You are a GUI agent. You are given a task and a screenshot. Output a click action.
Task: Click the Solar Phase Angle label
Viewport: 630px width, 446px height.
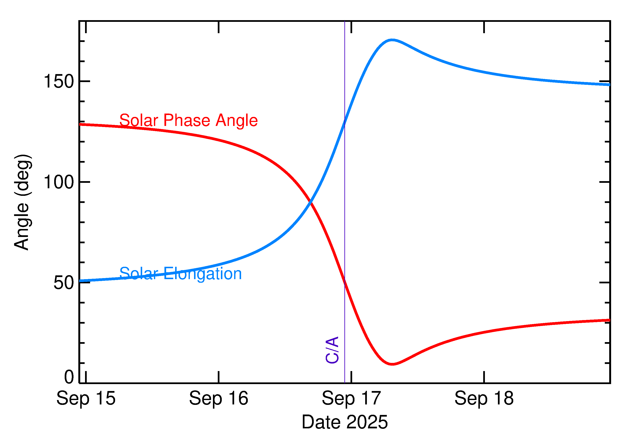coord(189,120)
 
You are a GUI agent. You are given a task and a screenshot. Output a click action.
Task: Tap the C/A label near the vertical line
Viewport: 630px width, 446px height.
coord(332,350)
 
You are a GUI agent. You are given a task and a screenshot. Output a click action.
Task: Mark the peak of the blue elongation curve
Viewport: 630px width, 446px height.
coord(392,40)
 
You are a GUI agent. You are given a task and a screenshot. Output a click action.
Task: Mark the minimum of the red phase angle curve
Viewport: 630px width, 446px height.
coord(392,364)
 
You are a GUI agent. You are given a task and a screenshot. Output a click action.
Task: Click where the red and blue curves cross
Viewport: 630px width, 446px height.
coord(310,202)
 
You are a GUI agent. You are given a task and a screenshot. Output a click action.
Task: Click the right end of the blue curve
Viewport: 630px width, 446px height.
coord(609,85)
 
